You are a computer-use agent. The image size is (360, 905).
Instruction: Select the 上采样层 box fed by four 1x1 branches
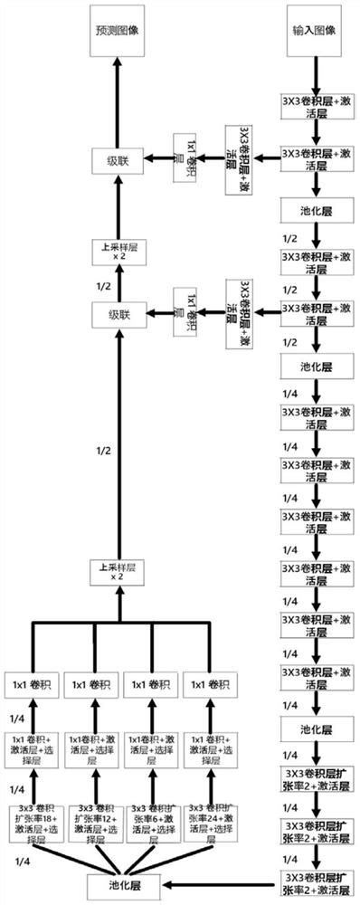116,572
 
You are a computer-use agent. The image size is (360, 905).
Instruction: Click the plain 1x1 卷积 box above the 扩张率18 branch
33,685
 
